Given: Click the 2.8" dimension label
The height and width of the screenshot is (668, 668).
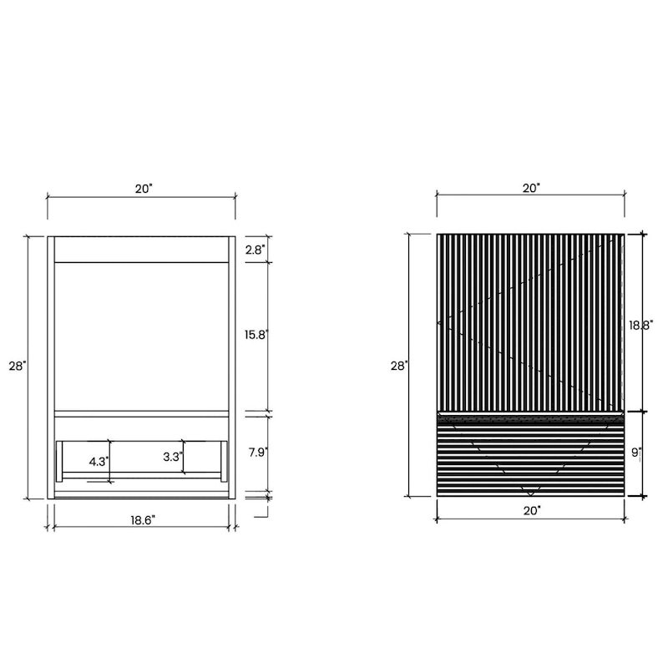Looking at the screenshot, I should click(254, 250).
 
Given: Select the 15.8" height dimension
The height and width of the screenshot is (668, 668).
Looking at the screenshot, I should click(256, 335).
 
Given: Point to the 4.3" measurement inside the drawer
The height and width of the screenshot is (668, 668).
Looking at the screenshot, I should click(99, 460).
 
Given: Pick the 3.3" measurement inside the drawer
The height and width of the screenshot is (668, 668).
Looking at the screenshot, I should click(171, 457).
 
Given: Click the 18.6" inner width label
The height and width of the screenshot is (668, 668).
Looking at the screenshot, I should click(143, 519).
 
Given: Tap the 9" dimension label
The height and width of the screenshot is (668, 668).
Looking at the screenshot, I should click(636, 453).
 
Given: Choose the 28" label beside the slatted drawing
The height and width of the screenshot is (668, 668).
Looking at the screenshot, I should click(399, 366).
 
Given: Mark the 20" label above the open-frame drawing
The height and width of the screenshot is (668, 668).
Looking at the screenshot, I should click(144, 189).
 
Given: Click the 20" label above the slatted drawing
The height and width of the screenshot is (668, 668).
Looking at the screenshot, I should click(531, 189).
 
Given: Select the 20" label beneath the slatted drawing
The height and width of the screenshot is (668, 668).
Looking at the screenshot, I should click(531, 509).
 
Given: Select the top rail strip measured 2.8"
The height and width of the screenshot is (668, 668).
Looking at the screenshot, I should click(140, 250).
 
